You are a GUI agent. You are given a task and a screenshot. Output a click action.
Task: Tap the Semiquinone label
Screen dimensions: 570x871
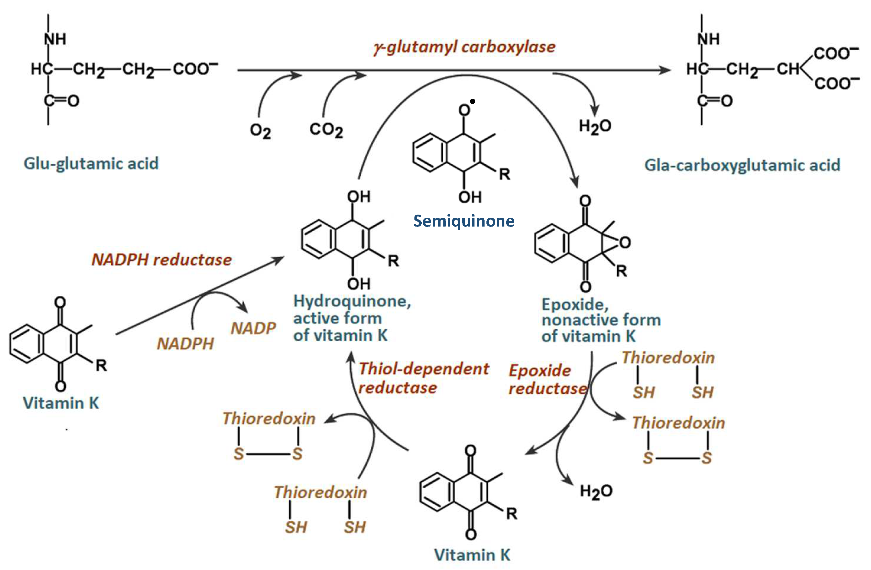464,221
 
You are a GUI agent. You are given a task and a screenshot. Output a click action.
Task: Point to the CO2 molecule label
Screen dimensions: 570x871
326,130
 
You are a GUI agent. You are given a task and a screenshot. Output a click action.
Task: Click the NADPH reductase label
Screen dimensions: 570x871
161,260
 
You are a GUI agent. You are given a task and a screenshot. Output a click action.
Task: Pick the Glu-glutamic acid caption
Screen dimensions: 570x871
91,163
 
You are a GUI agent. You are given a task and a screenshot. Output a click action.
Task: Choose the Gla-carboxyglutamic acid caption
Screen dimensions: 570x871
742,165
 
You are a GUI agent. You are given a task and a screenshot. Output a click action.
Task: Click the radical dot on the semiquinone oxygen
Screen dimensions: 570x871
473,101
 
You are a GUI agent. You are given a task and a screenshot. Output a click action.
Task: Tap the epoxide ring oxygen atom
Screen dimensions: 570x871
625,242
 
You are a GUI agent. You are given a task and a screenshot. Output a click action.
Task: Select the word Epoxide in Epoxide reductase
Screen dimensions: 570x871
540,371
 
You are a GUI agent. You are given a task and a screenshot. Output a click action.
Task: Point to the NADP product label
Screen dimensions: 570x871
253,328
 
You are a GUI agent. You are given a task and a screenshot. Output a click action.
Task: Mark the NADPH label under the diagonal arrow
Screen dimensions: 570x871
185,344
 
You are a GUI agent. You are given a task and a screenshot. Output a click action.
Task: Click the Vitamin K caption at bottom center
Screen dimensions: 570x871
472,555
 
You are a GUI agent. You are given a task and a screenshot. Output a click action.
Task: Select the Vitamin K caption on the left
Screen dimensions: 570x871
61,403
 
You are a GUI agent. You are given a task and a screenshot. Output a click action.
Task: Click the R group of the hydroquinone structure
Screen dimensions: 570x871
393,261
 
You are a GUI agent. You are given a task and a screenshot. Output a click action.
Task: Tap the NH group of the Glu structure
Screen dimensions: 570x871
55,39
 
